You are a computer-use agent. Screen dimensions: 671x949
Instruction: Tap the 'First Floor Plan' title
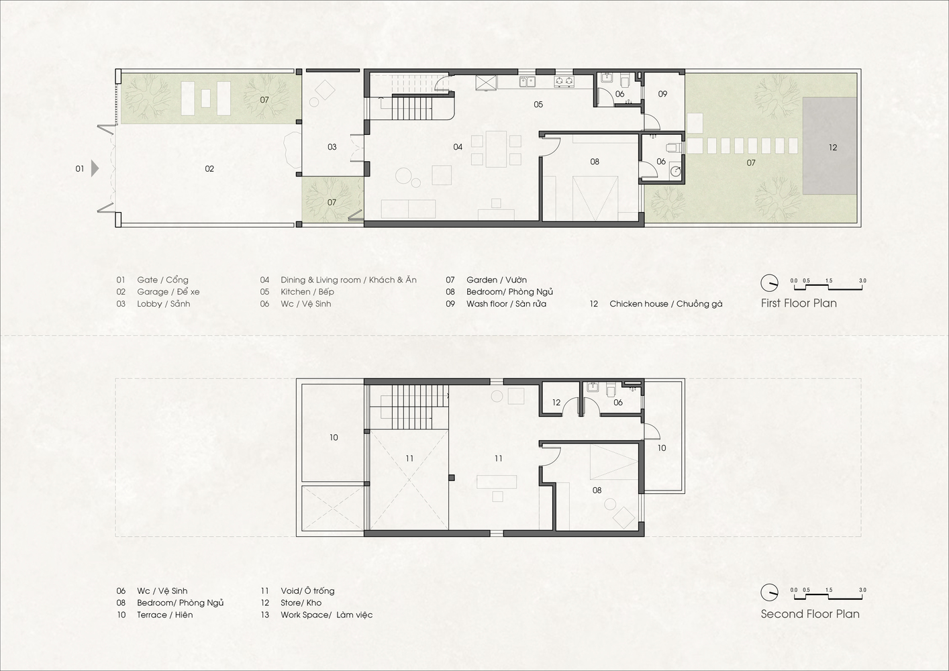(x=798, y=303)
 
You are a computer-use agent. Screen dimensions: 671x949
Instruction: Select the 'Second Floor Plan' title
(x=809, y=613)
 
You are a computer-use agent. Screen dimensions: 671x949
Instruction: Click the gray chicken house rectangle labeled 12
(x=832, y=147)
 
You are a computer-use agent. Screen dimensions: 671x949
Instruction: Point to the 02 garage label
(x=209, y=168)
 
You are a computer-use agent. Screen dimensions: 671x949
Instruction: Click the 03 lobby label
(x=332, y=147)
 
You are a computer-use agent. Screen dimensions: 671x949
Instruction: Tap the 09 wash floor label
(x=662, y=94)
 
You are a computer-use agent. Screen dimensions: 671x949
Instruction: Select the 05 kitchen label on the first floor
(x=538, y=105)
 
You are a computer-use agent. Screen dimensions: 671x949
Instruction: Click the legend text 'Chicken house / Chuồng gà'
(x=666, y=304)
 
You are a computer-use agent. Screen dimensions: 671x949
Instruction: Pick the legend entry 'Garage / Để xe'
(x=168, y=292)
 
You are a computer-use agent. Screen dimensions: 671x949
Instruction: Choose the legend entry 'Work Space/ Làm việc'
(x=326, y=615)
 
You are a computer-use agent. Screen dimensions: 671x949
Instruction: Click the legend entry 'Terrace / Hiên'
(x=164, y=615)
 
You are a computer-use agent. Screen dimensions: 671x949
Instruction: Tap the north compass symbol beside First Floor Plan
(x=769, y=282)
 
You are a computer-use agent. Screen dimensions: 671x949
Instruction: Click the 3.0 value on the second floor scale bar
(x=862, y=590)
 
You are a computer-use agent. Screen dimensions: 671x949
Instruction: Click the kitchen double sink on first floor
(x=527, y=82)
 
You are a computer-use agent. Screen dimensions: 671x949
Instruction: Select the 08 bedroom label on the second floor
(x=597, y=491)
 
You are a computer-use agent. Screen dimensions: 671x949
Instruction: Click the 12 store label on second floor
(x=556, y=403)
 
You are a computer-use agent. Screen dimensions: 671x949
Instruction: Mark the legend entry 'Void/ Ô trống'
(x=307, y=591)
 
